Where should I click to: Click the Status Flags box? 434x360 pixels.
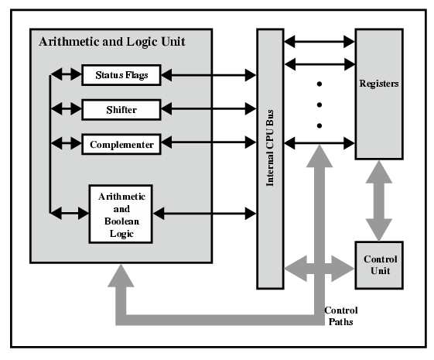click(121, 75)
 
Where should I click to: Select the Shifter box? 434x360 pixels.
click(121, 110)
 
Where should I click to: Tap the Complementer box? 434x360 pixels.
click(121, 144)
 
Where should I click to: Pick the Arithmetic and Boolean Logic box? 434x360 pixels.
click(121, 214)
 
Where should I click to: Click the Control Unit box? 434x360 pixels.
click(379, 266)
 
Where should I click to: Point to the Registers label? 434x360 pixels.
click(379, 84)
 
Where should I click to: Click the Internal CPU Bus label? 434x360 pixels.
click(270, 148)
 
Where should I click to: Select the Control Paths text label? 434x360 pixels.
click(341, 316)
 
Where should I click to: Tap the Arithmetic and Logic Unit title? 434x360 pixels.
click(112, 42)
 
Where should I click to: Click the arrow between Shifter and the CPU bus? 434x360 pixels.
click(208, 109)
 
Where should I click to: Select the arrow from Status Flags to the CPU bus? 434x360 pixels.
click(208, 75)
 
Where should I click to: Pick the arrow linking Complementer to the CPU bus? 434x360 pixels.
click(208, 142)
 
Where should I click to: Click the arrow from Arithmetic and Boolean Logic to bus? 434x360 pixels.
click(204, 214)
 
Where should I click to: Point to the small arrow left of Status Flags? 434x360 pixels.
click(67, 74)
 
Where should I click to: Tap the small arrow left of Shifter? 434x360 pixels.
click(67, 109)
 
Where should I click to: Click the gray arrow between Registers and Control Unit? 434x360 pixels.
click(379, 201)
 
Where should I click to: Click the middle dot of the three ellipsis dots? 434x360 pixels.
click(320, 105)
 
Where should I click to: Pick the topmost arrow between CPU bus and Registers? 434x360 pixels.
click(320, 42)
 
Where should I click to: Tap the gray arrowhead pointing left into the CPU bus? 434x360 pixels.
click(296, 268)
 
